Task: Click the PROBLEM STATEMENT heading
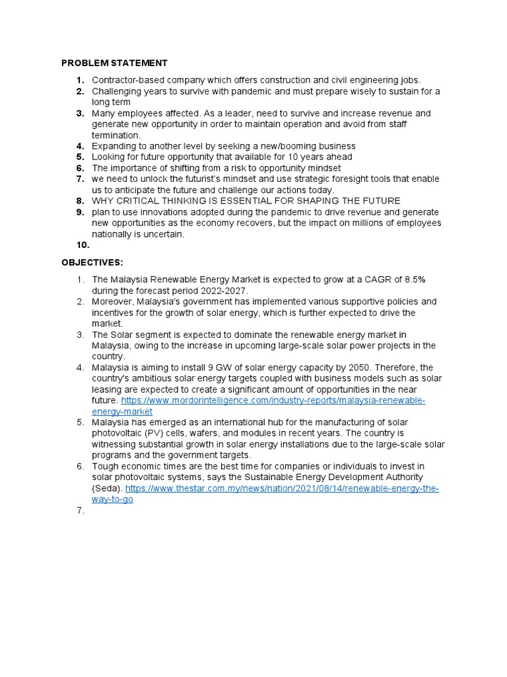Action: coord(114,63)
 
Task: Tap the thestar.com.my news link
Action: coord(282,489)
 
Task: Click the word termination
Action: coord(116,135)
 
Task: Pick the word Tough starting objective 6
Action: coord(106,467)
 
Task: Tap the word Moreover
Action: coord(113,301)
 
